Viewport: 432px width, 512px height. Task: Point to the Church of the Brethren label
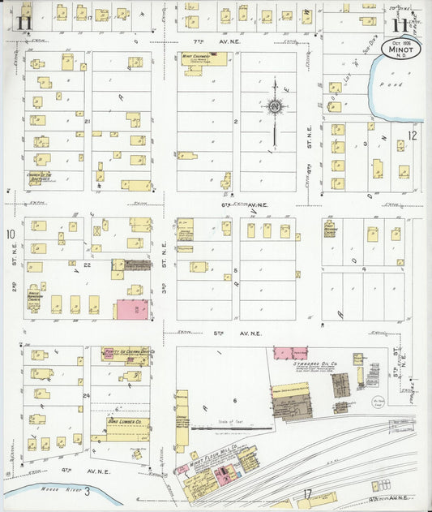[38, 177]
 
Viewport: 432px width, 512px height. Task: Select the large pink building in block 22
[132, 309]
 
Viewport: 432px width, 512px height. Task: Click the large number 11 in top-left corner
[23, 22]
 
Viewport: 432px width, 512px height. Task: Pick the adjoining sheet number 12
[413, 136]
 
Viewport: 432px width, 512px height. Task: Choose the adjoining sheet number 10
[11, 235]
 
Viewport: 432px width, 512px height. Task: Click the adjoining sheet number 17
[308, 493]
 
